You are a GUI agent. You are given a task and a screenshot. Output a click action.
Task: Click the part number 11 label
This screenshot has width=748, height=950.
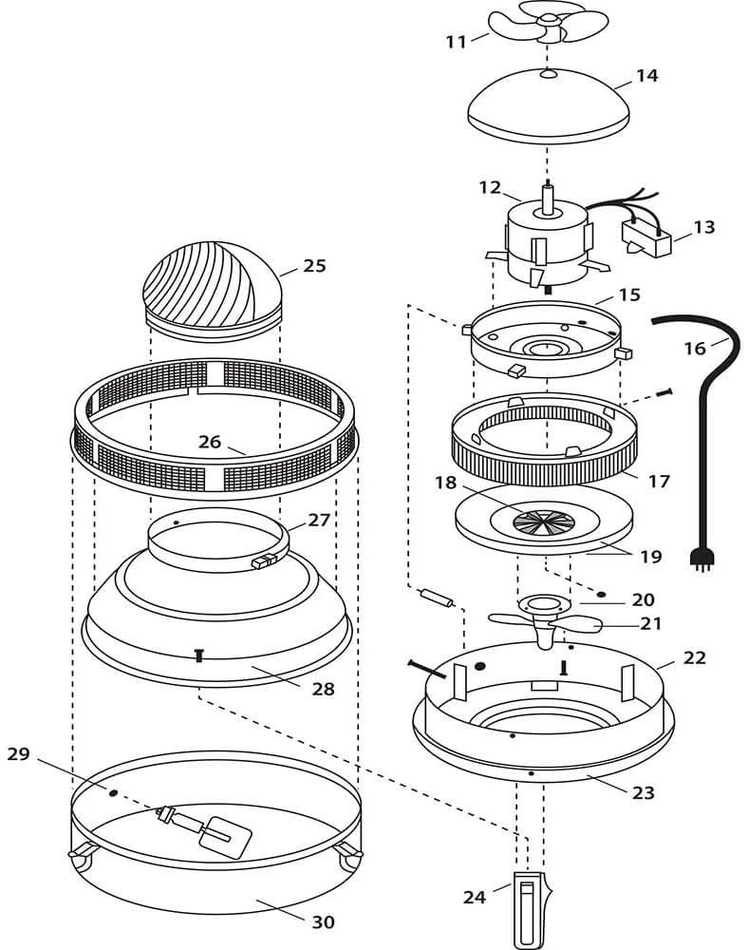click(456, 41)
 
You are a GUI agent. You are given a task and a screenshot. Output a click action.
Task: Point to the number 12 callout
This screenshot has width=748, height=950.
click(490, 188)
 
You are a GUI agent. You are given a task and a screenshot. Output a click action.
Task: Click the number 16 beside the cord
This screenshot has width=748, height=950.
click(696, 349)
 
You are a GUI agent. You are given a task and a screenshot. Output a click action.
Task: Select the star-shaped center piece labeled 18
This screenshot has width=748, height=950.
click(543, 521)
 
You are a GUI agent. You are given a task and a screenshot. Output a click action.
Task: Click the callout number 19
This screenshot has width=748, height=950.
click(651, 557)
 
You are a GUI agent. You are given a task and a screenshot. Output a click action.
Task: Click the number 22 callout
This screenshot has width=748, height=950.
click(695, 657)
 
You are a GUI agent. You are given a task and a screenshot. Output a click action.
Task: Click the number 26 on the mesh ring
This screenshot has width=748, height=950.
click(210, 442)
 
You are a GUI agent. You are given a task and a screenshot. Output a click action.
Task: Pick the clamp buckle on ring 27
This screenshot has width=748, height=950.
click(261, 562)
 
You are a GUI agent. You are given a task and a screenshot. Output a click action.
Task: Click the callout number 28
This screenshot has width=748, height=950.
click(324, 690)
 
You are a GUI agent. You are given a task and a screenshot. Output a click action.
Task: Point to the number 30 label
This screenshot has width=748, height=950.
click(324, 921)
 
